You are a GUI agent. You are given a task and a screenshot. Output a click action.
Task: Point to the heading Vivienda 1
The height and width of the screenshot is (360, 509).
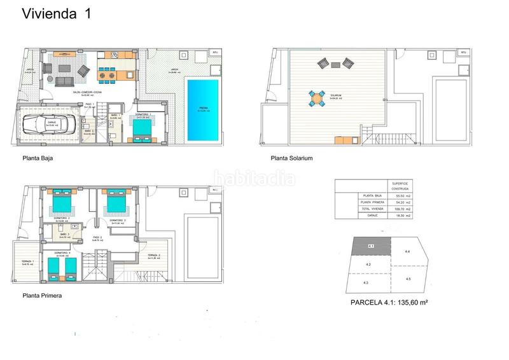(56, 14)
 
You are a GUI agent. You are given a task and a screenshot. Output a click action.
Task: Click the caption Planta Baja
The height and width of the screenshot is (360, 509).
(38, 160)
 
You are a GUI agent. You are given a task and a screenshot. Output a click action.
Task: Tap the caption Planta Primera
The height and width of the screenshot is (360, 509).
(42, 295)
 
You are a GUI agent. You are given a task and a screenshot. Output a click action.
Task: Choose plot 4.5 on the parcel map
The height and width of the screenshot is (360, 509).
(407, 279)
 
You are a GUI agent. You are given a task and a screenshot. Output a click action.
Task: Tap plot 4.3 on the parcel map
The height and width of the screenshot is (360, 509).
(366, 282)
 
